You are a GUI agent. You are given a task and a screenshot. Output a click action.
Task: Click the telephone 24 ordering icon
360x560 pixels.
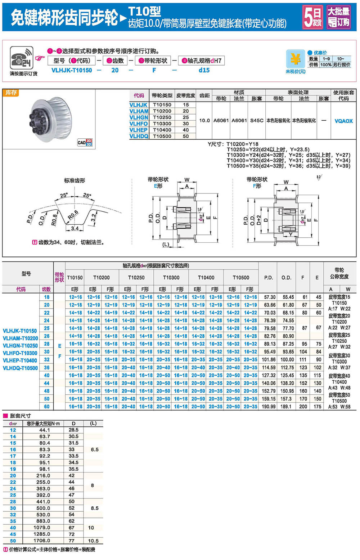(x=22, y=58)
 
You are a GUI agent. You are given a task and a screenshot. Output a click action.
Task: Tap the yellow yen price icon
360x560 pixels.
(x=295, y=59)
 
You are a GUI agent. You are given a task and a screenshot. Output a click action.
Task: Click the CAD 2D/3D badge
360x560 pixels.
(x=85, y=142)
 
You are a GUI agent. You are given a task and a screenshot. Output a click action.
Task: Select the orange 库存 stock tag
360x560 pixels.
(x=11, y=93)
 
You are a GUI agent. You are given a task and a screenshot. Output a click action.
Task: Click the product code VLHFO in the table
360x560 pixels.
(x=139, y=124)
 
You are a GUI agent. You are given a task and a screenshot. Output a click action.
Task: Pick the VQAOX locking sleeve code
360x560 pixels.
(x=343, y=121)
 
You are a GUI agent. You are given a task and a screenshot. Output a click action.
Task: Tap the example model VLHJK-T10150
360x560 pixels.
(x=72, y=70)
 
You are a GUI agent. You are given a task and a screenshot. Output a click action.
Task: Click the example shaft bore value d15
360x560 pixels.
(x=204, y=70)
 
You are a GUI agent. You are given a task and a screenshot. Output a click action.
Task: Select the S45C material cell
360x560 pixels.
(x=257, y=121)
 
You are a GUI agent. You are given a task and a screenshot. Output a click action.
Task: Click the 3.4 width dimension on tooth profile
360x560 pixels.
(x=75, y=228)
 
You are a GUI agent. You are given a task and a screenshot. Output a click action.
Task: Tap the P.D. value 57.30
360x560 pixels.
(x=270, y=297)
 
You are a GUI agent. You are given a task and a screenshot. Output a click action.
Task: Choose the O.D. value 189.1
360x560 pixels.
(x=286, y=407)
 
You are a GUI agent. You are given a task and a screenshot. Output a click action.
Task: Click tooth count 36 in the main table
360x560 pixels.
(x=47, y=367)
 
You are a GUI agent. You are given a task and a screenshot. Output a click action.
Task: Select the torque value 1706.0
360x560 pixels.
(x=42, y=541)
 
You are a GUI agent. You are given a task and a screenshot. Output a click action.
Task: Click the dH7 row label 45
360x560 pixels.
(x=13, y=534)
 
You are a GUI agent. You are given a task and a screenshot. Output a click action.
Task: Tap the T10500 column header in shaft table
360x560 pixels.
(x=241, y=277)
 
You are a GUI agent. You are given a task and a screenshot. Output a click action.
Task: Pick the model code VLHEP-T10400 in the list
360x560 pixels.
(x=20, y=360)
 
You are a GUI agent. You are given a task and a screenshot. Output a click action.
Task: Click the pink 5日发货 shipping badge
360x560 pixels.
(x=312, y=17)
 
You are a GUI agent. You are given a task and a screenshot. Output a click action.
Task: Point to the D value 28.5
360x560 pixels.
(x=73, y=430)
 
